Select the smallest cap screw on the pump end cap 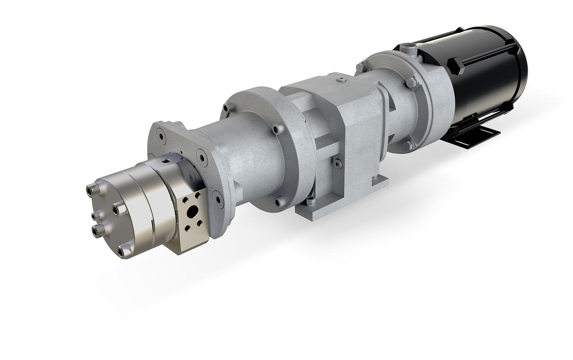pyautogui.click(x=95, y=215)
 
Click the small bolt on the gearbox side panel pyautogui.click(x=337, y=162)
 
